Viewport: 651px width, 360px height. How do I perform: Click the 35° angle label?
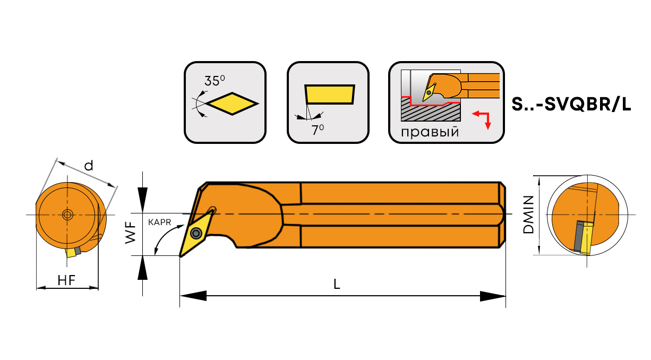[x=215, y=81]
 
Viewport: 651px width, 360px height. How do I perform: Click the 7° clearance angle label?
[x=318, y=129]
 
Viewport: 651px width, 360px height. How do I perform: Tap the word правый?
[x=430, y=132]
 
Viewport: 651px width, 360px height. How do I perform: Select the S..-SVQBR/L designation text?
[x=571, y=104]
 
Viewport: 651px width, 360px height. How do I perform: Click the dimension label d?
[x=89, y=166]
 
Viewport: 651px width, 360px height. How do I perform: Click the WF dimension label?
[x=131, y=234]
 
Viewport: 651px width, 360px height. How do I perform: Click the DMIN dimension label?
[x=528, y=215]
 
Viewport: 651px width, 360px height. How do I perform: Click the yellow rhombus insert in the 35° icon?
[x=232, y=102]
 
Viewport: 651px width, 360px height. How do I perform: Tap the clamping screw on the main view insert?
[x=196, y=232]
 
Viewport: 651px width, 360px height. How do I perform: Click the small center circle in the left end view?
[x=67, y=215]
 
